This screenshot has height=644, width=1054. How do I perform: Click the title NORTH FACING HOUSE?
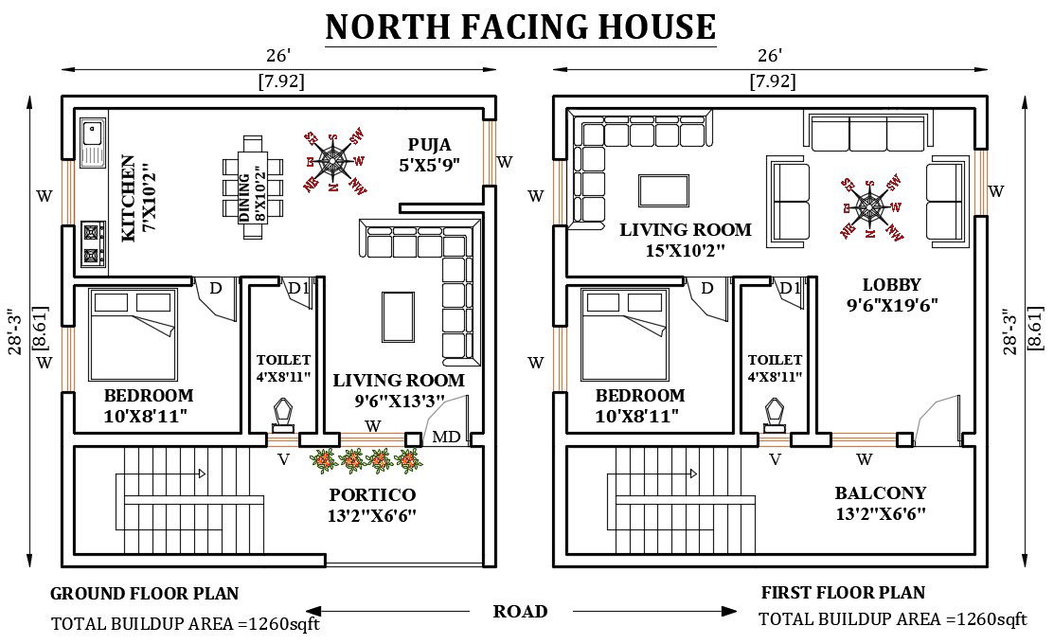point(520,27)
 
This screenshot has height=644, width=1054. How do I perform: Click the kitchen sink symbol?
point(93,141)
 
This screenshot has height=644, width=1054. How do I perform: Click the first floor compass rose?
point(869,206)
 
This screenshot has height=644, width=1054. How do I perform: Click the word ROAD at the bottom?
point(520,611)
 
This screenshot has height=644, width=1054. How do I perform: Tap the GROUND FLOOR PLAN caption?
point(144,594)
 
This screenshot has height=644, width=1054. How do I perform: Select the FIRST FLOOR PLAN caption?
point(843,593)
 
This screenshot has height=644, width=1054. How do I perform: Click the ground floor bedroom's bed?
point(132,334)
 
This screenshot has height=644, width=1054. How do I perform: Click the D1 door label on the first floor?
point(791,287)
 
